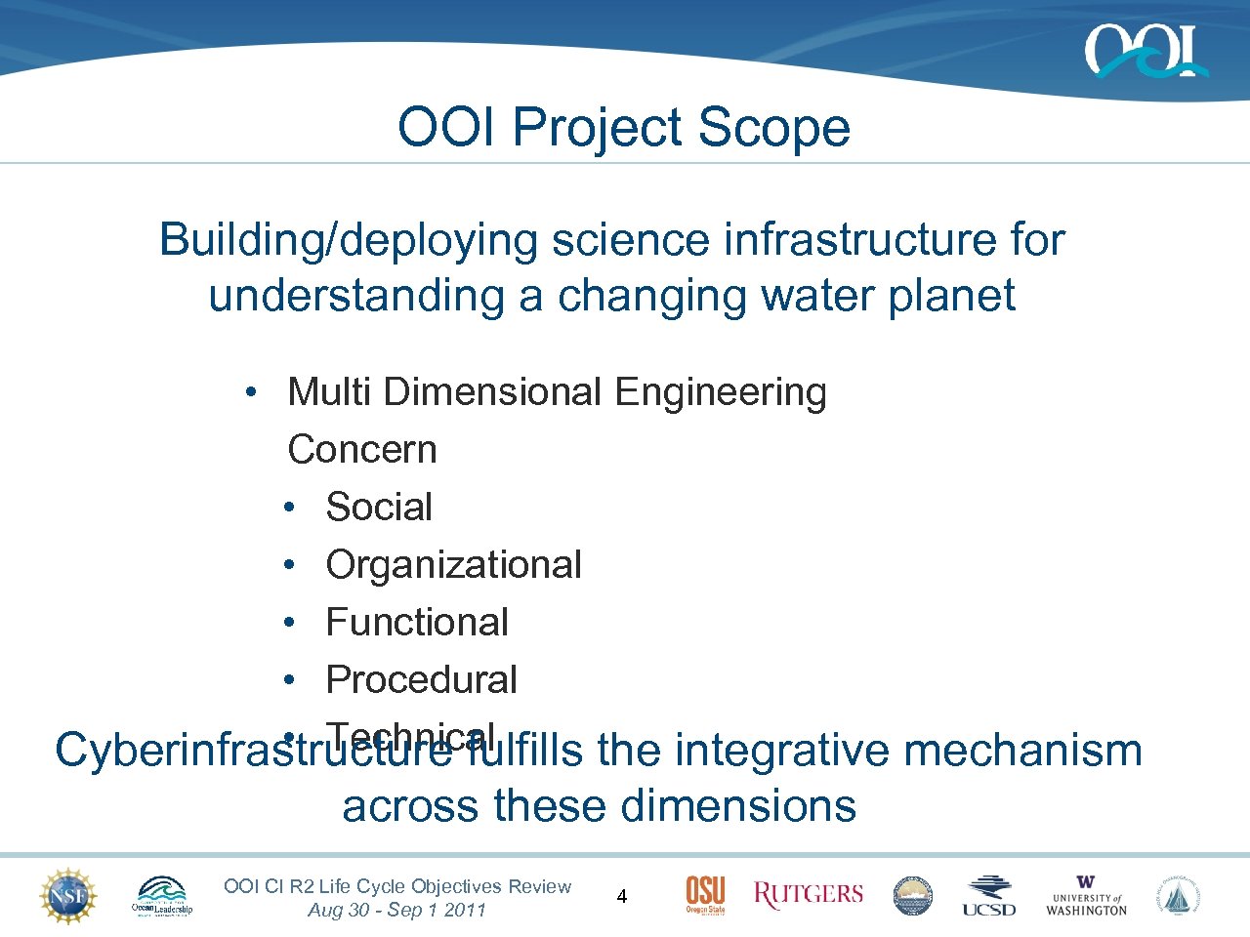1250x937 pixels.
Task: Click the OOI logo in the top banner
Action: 1145,51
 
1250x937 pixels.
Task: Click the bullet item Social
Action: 379,508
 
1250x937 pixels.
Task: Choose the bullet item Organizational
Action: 453,565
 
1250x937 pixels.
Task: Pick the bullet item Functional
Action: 417,623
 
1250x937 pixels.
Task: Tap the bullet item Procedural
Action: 421,680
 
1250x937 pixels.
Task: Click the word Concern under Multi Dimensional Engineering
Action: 362,450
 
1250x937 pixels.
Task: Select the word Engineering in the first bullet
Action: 721,392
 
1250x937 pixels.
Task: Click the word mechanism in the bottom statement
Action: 1022,751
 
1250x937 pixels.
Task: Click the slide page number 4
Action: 622,896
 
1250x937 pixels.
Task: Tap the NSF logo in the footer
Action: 68,896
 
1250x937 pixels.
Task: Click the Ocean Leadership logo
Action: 162,896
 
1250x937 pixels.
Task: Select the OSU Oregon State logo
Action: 705,895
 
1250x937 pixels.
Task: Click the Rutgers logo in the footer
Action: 809,894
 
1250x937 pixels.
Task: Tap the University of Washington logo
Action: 1086,896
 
